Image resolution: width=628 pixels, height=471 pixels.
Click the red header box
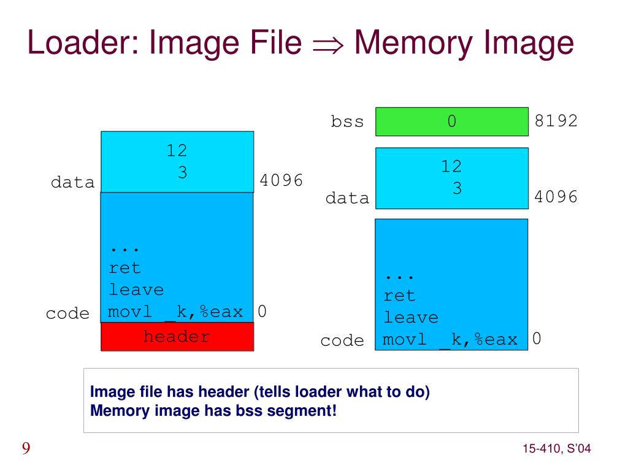pyautogui.click(x=177, y=337)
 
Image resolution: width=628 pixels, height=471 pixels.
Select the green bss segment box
pyautogui.click(x=451, y=121)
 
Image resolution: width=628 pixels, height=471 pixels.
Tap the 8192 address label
pyautogui.click(x=556, y=121)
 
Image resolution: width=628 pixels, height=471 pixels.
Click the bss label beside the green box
pyautogui.click(x=347, y=122)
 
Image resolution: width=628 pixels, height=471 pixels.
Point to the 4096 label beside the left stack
pyautogui.click(x=281, y=181)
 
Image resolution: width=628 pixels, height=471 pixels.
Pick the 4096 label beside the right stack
pyautogui.click(x=556, y=197)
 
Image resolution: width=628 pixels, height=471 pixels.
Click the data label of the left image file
pyautogui.click(x=73, y=183)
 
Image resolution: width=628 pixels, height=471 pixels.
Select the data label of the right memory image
pyautogui.click(x=348, y=199)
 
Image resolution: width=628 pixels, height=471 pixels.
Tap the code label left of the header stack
pyautogui.click(x=67, y=314)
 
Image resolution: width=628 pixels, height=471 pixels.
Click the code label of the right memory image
pyautogui.click(x=342, y=341)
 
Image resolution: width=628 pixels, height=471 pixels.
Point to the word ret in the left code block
pyautogui.click(x=125, y=268)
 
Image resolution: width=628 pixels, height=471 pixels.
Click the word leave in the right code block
pyautogui.click(x=411, y=318)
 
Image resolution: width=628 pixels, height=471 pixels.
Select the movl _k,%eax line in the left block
pyautogui.click(x=175, y=312)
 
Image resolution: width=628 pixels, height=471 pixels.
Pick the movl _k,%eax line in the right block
pyautogui.click(x=450, y=339)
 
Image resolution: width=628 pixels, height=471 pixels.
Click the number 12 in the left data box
pyautogui.click(x=177, y=151)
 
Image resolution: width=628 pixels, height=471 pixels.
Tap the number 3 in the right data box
pyautogui.click(x=457, y=189)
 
